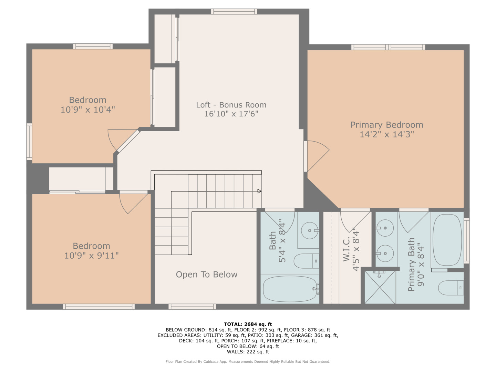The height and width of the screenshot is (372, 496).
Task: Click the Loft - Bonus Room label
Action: point(231,105)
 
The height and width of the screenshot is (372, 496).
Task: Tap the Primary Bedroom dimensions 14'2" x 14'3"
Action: point(386,134)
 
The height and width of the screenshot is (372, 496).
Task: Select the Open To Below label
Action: point(206,275)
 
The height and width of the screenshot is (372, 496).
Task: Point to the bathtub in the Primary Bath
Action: point(447,240)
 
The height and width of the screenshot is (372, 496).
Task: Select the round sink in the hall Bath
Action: point(309,230)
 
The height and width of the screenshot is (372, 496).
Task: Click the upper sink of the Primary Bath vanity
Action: point(385,228)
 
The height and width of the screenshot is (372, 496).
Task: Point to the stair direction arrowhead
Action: point(259,191)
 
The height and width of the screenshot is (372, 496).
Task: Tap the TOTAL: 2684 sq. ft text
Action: point(248,324)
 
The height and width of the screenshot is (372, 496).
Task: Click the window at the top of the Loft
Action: point(234,12)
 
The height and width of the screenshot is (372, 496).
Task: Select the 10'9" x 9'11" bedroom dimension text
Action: point(91,256)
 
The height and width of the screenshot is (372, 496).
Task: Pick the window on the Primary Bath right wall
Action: point(466,240)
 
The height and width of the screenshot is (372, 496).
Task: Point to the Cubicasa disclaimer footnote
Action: point(248,362)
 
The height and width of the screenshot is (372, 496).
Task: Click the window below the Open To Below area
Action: point(192,307)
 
